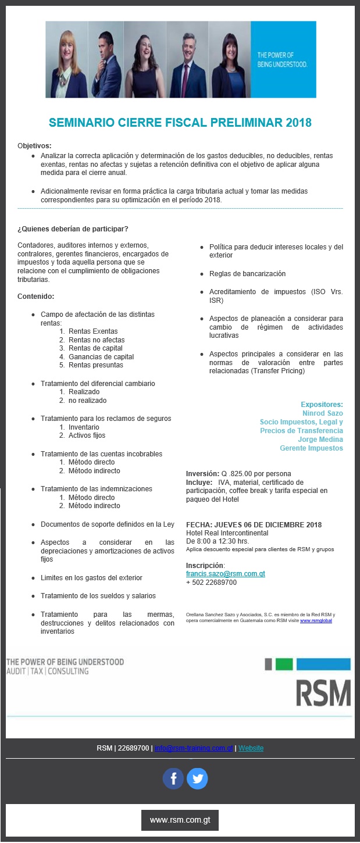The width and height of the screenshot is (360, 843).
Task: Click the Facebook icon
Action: pyautogui.click(x=173, y=778)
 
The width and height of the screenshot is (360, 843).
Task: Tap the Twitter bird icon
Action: pyautogui.click(x=197, y=778)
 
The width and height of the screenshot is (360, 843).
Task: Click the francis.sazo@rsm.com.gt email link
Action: pyautogui.click(x=225, y=573)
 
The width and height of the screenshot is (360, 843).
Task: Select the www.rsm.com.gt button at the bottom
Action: pyautogui.click(x=180, y=820)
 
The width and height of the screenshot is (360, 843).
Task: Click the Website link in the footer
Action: pyautogui.click(x=251, y=748)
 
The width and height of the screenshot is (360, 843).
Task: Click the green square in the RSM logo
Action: pyautogui.click(x=284, y=664)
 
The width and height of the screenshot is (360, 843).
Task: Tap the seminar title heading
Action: pyautogui.click(x=180, y=122)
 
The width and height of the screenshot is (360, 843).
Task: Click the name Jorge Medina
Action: pyautogui.click(x=320, y=440)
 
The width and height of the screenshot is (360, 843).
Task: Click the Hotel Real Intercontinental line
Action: pyautogui.click(x=227, y=533)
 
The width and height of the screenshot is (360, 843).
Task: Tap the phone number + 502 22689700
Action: pyautogui.click(x=211, y=582)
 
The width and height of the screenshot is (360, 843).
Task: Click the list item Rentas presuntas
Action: pyautogui.click(x=95, y=365)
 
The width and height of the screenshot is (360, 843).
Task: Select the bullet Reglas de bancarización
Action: pyautogui.click(x=247, y=274)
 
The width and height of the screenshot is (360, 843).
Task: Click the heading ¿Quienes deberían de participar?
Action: pyautogui.click(x=73, y=228)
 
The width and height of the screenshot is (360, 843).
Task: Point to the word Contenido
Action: pyautogui.click(x=36, y=296)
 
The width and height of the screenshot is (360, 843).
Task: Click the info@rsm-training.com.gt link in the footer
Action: pyautogui.click(x=194, y=748)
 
